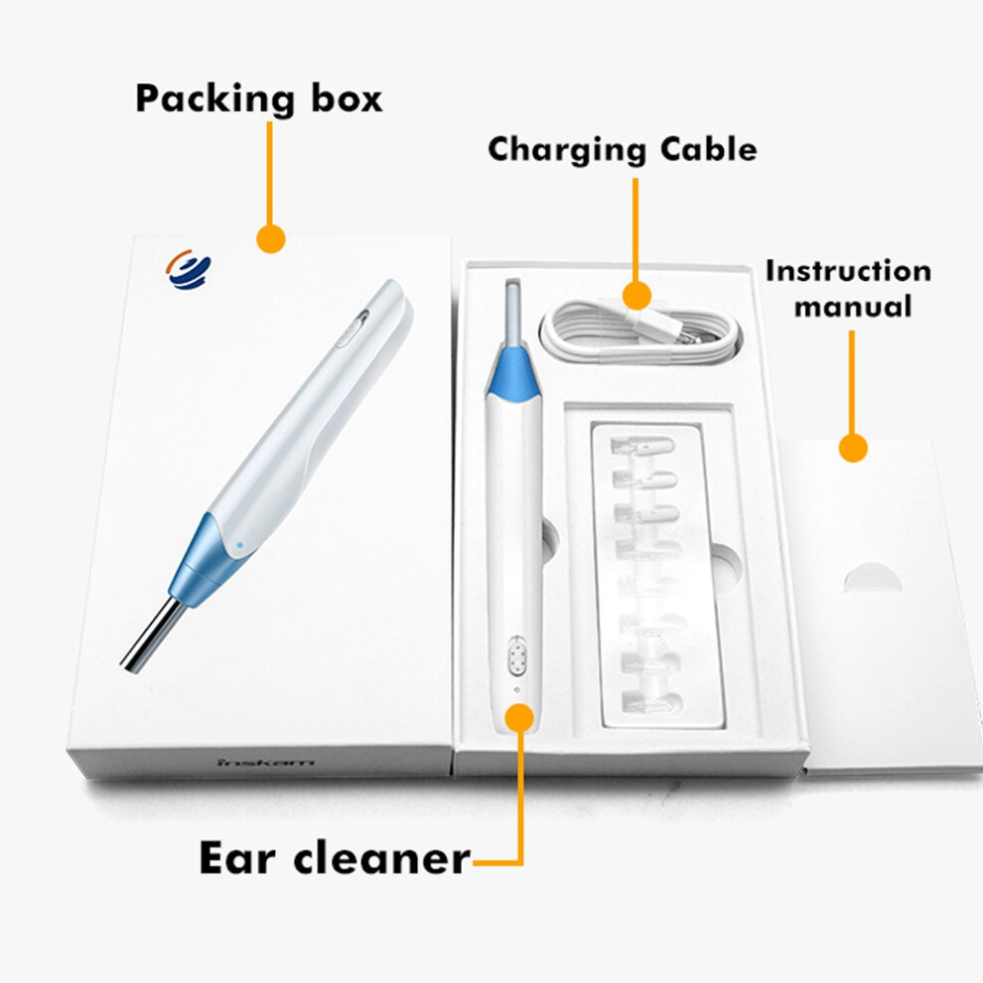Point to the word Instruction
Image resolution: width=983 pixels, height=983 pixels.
point(848,271)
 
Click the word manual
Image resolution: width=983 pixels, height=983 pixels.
point(853,307)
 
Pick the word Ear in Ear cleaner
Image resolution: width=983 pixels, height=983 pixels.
point(237,858)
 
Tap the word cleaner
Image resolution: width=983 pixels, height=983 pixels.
point(382,858)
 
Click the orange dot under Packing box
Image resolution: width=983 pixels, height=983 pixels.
point(271,239)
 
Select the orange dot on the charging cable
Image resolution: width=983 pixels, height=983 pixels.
point(636,295)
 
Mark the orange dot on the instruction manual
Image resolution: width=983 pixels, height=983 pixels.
point(853,448)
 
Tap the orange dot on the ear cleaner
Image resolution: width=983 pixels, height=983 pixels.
point(519,718)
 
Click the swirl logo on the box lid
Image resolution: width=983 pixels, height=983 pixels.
point(189,269)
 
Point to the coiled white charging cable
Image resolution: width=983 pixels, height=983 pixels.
point(640,333)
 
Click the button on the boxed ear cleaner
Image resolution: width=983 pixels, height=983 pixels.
point(516,655)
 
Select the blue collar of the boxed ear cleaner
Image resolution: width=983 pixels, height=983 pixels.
point(513,375)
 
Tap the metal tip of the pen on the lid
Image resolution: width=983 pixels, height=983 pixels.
point(152,635)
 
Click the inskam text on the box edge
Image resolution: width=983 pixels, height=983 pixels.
point(266,763)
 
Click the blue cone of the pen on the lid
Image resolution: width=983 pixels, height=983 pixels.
point(205,561)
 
